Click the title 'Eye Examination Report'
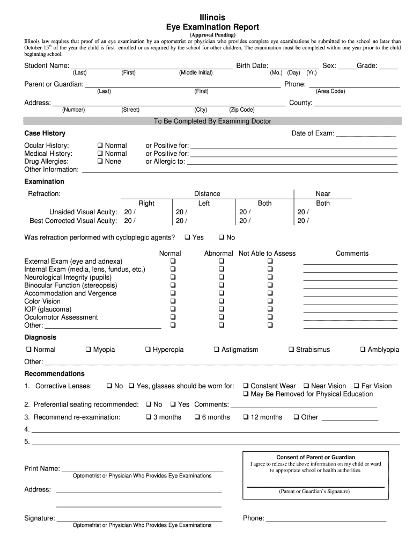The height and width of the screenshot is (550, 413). [x=213, y=27]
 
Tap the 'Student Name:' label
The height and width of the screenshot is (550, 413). [x=47, y=66]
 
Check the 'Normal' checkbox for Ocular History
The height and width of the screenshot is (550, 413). [x=100, y=146]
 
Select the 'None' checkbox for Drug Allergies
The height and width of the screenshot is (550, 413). [x=100, y=162]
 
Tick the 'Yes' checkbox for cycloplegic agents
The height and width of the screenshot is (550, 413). [x=187, y=237]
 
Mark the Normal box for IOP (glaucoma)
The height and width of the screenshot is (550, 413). [x=173, y=310]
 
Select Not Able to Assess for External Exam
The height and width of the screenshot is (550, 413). [x=270, y=262]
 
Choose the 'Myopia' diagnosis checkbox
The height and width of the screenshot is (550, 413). [x=88, y=350]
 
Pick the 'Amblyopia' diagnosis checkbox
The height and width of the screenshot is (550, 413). [x=363, y=350]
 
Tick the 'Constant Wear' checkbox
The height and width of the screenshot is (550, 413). [x=245, y=386]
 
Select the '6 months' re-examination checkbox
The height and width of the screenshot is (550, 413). [x=197, y=417]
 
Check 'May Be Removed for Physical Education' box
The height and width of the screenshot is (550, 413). [x=245, y=394]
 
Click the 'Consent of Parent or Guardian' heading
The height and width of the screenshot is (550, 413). [x=315, y=458]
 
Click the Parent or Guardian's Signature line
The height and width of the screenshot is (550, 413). [x=315, y=486]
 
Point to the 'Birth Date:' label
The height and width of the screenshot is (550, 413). [x=252, y=66]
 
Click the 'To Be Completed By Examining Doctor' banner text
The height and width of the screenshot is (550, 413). [x=212, y=121]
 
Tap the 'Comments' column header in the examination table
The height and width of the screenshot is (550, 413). [x=352, y=254]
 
